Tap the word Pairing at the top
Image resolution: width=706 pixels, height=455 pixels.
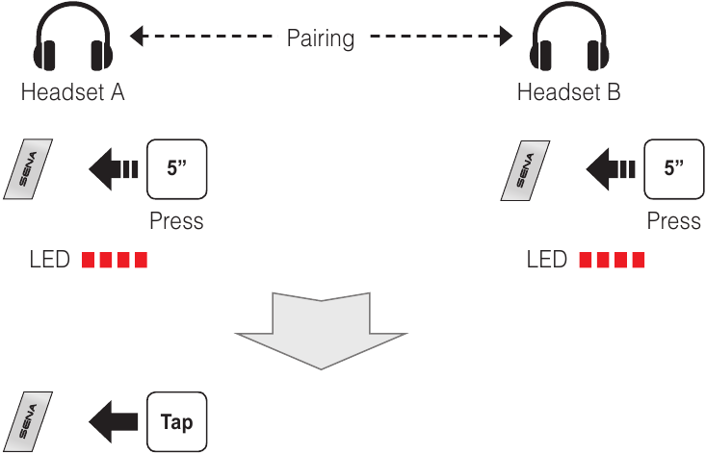click(x=321, y=39)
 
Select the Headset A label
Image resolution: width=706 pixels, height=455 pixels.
click(x=72, y=92)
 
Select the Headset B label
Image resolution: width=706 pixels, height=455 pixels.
click(x=568, y=92)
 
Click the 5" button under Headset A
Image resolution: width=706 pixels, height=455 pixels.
click(x=176, y=168)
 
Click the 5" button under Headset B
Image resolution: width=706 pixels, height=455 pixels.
click(x=672, y=168)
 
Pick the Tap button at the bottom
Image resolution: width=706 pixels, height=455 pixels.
click(x=176, y=422)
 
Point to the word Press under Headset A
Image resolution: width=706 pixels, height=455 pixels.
click(x=176, y=221)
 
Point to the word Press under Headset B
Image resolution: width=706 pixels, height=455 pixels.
click(x=673, y=221)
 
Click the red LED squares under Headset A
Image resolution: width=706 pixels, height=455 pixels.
click(x=115, y=261)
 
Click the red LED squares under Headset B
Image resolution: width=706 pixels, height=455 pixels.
click(x=612, y=261)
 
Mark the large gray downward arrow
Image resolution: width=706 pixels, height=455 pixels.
click(x=321, y=328)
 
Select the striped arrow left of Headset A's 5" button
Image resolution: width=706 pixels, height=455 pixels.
click(x=113, y=169)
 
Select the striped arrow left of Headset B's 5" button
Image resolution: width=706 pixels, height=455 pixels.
click(x=610, y=169)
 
